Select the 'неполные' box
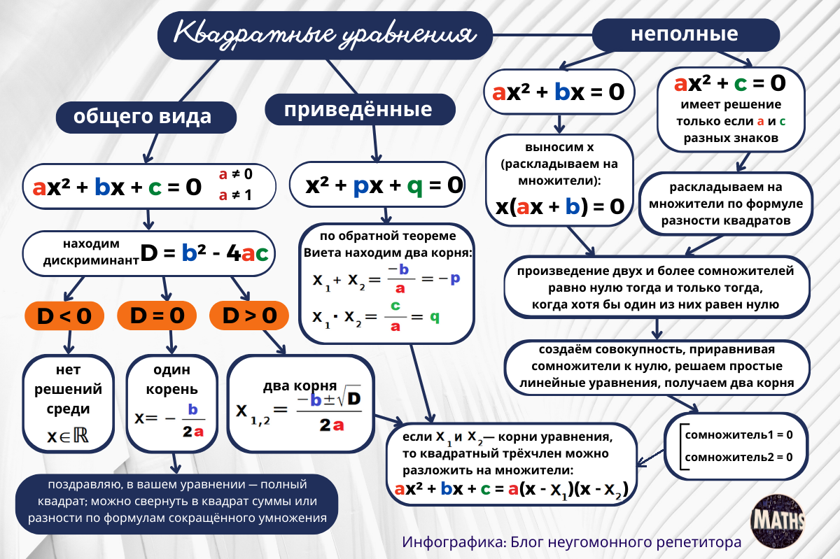tap(685, 34)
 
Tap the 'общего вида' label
tap(143, 115)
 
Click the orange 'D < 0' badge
tap(64, 316)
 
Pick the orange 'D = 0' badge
tap(157, 316)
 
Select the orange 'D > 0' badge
tap(249, 316)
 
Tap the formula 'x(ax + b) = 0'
tap(560, 206)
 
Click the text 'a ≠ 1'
tap(234, 195)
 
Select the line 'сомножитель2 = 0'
tap(738, 457)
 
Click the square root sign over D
tap(346, 398)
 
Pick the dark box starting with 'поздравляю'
tap(177, 502)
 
